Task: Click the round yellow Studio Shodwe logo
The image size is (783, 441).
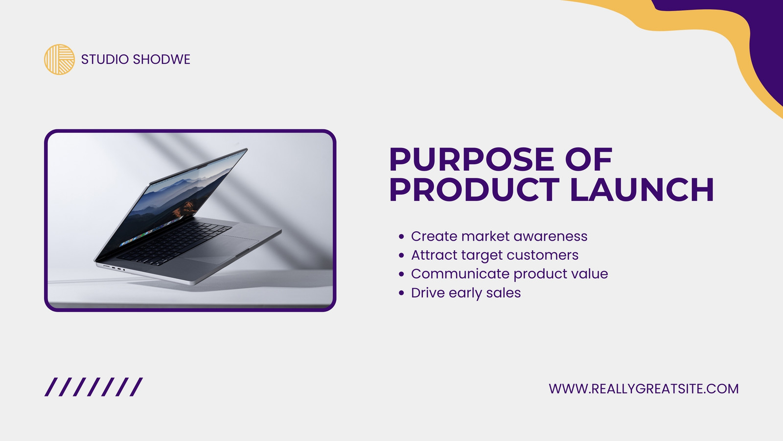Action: pyautogui.click(x=59, y=59)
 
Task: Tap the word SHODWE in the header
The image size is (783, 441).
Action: pyautogui.click(x=161, y=59)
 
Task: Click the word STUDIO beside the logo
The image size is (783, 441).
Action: pyautogui.click(x=105, y=59)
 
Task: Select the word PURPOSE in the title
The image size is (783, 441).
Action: pyautogui.click(x=471, y=159)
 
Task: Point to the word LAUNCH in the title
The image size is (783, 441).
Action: pyautogui.click(x=642, y=190)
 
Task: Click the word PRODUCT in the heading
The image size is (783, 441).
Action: pyautogui.click(x=474, y=190)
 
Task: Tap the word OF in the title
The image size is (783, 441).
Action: pyautogui.click(x=589, y=159)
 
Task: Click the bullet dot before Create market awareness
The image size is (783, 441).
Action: pyautogui.click(x=401, y=237)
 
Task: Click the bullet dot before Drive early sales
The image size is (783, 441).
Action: pyautogui.click(x=401, y=293)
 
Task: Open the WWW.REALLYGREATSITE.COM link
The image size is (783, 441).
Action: pyautogui.click(x=644, y=389)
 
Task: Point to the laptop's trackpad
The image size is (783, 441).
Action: pyautogui.click(x=220, y=249)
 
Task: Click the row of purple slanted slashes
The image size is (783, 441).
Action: pyautogui.click(x=93, y=387)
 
